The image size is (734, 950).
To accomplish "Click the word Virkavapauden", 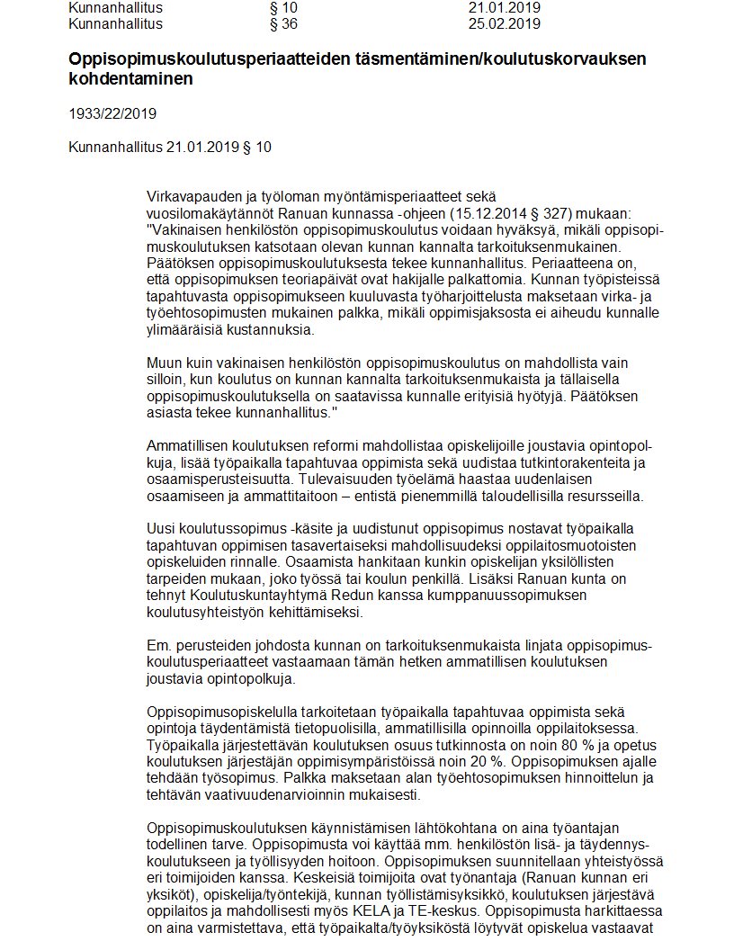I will coord(190,196).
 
